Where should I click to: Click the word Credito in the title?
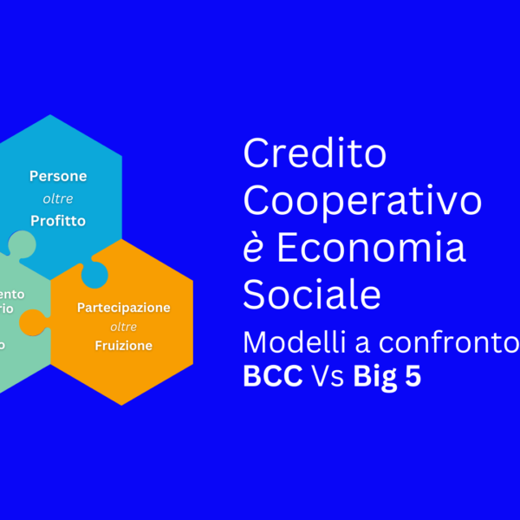tap(315, 155)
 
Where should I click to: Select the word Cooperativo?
tap(362, 201)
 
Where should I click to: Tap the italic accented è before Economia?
tap(253, 248)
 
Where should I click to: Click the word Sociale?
tap(312, 295)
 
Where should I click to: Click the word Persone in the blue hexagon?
tap(58, 176)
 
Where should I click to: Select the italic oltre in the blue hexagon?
tap(58, 198)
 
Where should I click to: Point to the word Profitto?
tap(58, 220)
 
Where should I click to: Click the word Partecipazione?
tap(123, 308)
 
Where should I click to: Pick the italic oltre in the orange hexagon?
tap(123, 327)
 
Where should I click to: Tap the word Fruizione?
tap(123, 346)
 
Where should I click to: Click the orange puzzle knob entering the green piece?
tap(32, 323)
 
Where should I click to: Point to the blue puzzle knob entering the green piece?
tap(21, 244)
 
